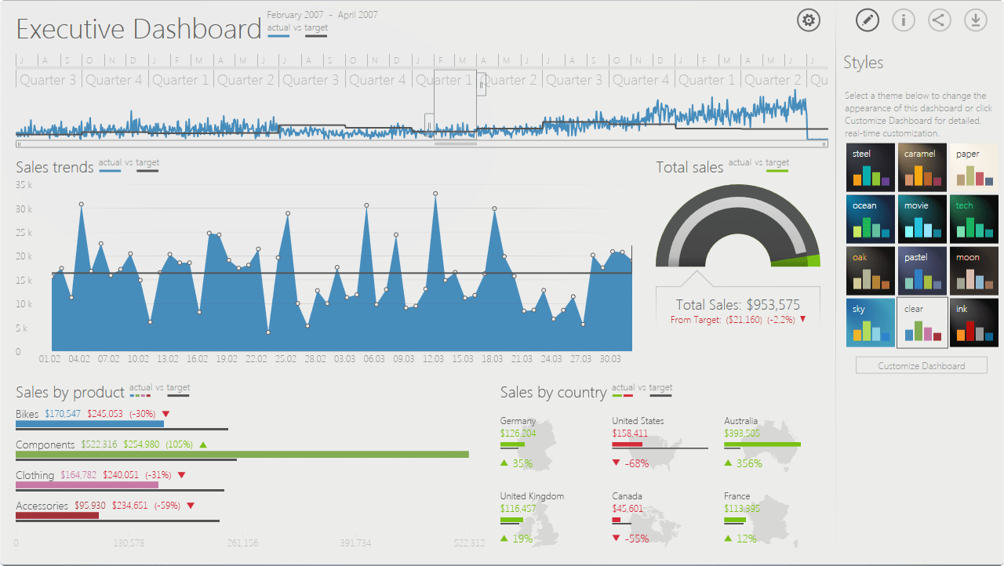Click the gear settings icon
pyautogui.click(x=809, y=20)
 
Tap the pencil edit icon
pyautogui.click(x=867, y=20)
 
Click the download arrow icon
pyautogui.click(x=975, y=20)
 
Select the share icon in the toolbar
pyautogui.click(x=939, y=20)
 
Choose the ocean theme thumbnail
pyautogui.click(x=871, y=220)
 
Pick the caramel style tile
pyautogui.click(x=922, y=167)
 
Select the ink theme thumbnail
pyautogui.click(x=973, y=322)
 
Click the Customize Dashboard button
pyautogui.click(x=921, y=366)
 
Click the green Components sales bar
pyautogui.click(x=242, y=455)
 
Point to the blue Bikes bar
pyautogui.click(x=89, y=424)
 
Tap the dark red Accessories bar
pyautogui.click(x=57, y=515)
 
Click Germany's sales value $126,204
pyautogui.click(x=518, y=434)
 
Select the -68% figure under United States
pyautogui.click(x=636, y=463)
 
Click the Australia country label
pyautogui.click(x=740, y=421)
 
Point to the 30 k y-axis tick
pyautogui.click(x=24, y=209)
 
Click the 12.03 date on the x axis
pyautogui.click(x=433, y=359)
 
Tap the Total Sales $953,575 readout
pyautogui.click(x=737, y=305)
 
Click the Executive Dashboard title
pyautogui.click(x=138, y=29)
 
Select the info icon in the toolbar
pyautogui.click(x=903, y=20)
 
